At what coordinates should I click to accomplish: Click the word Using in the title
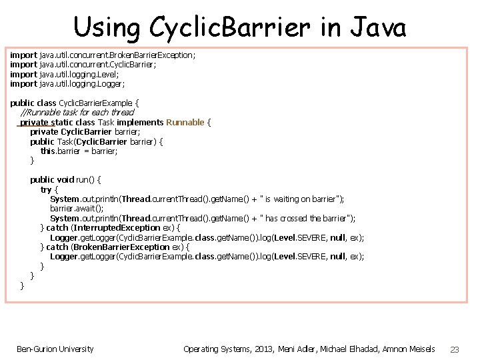click(107, 28)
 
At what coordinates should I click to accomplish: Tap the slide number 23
click(455, 349)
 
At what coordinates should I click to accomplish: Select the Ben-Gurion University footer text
click(55, 349)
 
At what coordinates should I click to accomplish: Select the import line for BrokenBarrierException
click(103, 55)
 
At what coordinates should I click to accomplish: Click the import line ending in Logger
click(67, 84)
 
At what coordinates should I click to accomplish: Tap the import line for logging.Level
click(65, 74)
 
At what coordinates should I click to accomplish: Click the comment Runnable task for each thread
click(77, 113)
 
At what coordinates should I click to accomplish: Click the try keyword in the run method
click(46, 189)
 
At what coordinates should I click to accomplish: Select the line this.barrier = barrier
click(79, 151)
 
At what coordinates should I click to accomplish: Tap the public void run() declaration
click(65, 180)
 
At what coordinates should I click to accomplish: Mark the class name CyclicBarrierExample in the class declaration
click(96, 103)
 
